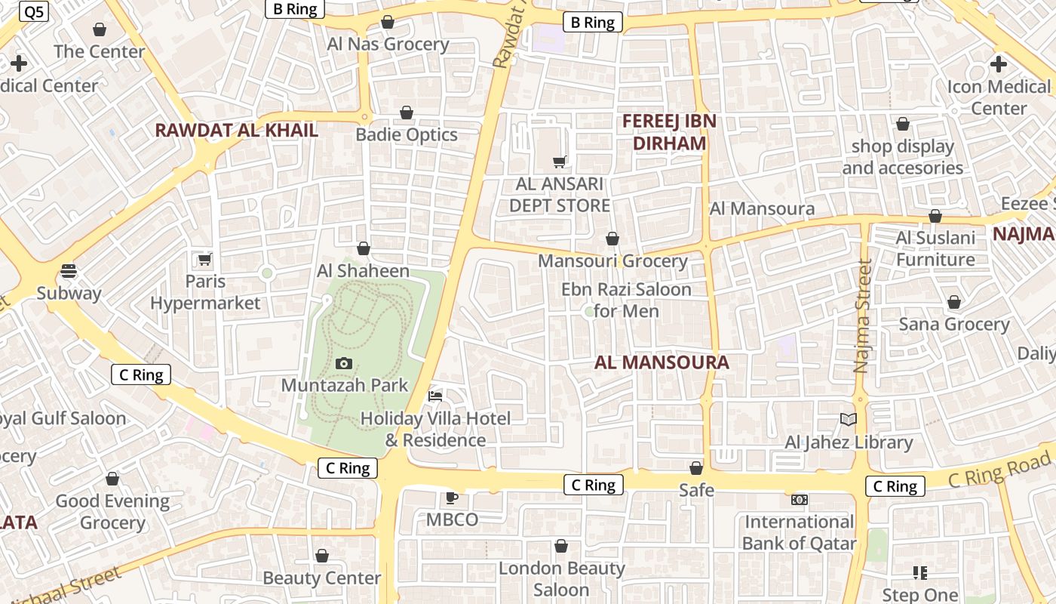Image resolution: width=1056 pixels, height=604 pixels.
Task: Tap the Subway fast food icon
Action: click(69, 270)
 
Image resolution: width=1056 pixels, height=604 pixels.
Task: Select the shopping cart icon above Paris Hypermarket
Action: click(204, 260)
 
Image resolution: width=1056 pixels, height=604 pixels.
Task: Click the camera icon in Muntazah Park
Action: click(344, 363)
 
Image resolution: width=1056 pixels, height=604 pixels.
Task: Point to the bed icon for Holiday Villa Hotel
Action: click(435, 395)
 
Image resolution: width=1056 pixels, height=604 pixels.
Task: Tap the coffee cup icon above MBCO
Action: click(451, 498)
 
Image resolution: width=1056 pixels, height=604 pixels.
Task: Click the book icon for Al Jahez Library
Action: click(849, 419)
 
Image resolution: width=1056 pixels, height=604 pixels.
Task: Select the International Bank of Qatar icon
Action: click(799, 499)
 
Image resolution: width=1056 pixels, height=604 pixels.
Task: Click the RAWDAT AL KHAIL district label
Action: click(236, 130)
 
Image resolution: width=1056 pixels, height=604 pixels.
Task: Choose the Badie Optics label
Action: click(407, 134)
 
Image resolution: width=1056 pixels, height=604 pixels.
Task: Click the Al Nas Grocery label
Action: click(388, 44)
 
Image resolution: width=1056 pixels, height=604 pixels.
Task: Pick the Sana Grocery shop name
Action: click(954, 324)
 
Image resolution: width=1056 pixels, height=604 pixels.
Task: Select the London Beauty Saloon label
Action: click(561, 578)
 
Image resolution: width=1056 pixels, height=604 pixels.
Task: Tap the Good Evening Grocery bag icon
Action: click(112, 479)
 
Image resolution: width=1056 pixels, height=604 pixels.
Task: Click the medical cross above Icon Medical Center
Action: click(999, 64)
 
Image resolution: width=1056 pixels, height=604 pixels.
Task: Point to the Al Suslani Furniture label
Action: click(935, 248)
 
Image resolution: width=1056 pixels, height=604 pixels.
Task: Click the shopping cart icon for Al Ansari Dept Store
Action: click(560, 161)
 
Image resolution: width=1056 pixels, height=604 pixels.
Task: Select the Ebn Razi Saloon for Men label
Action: click(626, 300)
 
